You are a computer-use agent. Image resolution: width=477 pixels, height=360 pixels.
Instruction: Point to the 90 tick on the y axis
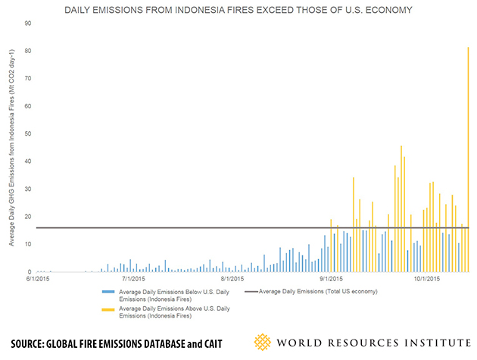(x=27, y=23)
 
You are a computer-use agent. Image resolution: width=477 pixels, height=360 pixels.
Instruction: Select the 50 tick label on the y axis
(x=27, y=134)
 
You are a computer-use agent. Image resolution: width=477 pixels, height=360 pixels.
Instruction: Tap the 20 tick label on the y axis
(x=27, y=217)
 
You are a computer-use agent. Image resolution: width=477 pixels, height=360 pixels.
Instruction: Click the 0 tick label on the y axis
(x=29, y=272)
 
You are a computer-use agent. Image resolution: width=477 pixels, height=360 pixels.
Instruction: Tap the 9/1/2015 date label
(x=331, y=280)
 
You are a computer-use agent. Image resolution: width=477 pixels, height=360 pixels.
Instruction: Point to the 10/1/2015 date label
(x=426, y=280)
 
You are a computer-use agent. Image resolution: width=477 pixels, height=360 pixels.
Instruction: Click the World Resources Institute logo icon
(x=263, y=343)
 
